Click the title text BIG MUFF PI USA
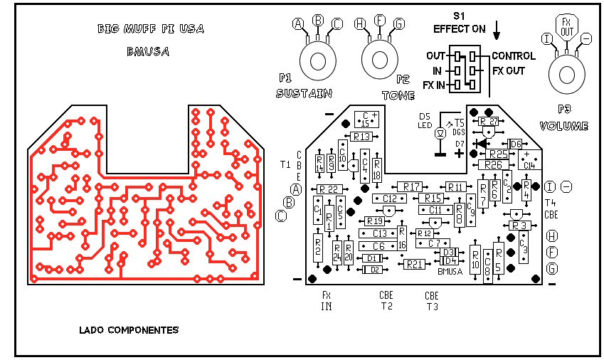150,29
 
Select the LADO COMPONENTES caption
129,330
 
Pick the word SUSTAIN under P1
305,93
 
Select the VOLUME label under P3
564,127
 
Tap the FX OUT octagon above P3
566,26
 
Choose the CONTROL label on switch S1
513,56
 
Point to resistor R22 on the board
328,189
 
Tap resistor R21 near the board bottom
414,265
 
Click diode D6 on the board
514,143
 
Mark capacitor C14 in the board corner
528,160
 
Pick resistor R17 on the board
412,186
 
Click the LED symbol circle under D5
440,133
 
